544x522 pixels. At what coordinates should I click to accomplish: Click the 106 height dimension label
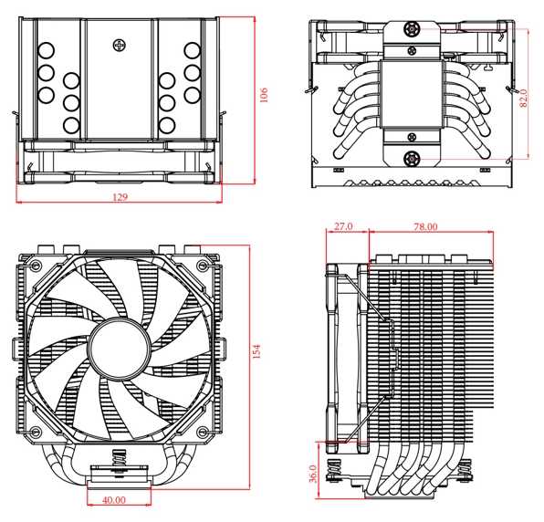point(264,95)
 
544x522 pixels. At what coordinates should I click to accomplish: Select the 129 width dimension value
point(120,196)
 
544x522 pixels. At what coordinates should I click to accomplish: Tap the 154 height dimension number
point(256,350)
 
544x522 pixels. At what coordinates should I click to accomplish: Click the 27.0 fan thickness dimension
point(344,226)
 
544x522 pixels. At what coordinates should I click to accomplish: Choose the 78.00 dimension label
point(426,226)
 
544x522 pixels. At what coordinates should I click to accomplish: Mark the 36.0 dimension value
point(314,475)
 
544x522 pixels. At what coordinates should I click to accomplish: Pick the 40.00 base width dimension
point(114,500)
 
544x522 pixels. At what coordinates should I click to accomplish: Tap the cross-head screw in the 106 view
point(119,43)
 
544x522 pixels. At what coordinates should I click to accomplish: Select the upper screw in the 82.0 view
point(413,31)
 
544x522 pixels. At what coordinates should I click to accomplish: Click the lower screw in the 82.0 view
point(413,158)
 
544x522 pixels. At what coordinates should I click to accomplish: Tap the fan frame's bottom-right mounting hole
point(199,431)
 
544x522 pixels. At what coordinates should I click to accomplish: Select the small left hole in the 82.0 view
point(339,171)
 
